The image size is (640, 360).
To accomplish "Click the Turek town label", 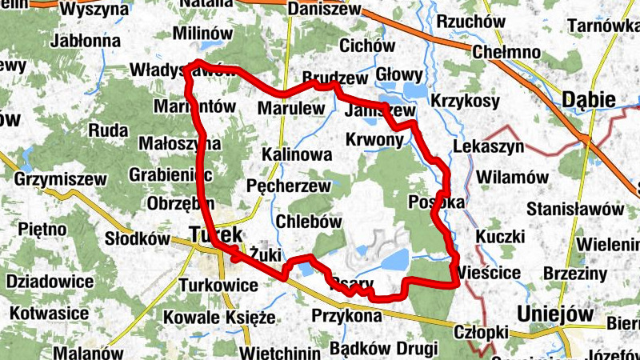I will tap(217, 234).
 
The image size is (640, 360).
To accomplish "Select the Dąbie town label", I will tap(589, 100).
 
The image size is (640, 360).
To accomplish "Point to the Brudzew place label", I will tap(335, 78).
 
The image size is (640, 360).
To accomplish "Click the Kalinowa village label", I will tap(296, 154).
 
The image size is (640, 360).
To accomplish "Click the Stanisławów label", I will tap(575, 209).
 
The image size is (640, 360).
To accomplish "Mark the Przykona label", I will tap(346, 315).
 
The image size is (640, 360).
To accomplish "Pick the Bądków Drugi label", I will tap(383, 349).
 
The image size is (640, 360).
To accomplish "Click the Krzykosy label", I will tap(465, 102).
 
